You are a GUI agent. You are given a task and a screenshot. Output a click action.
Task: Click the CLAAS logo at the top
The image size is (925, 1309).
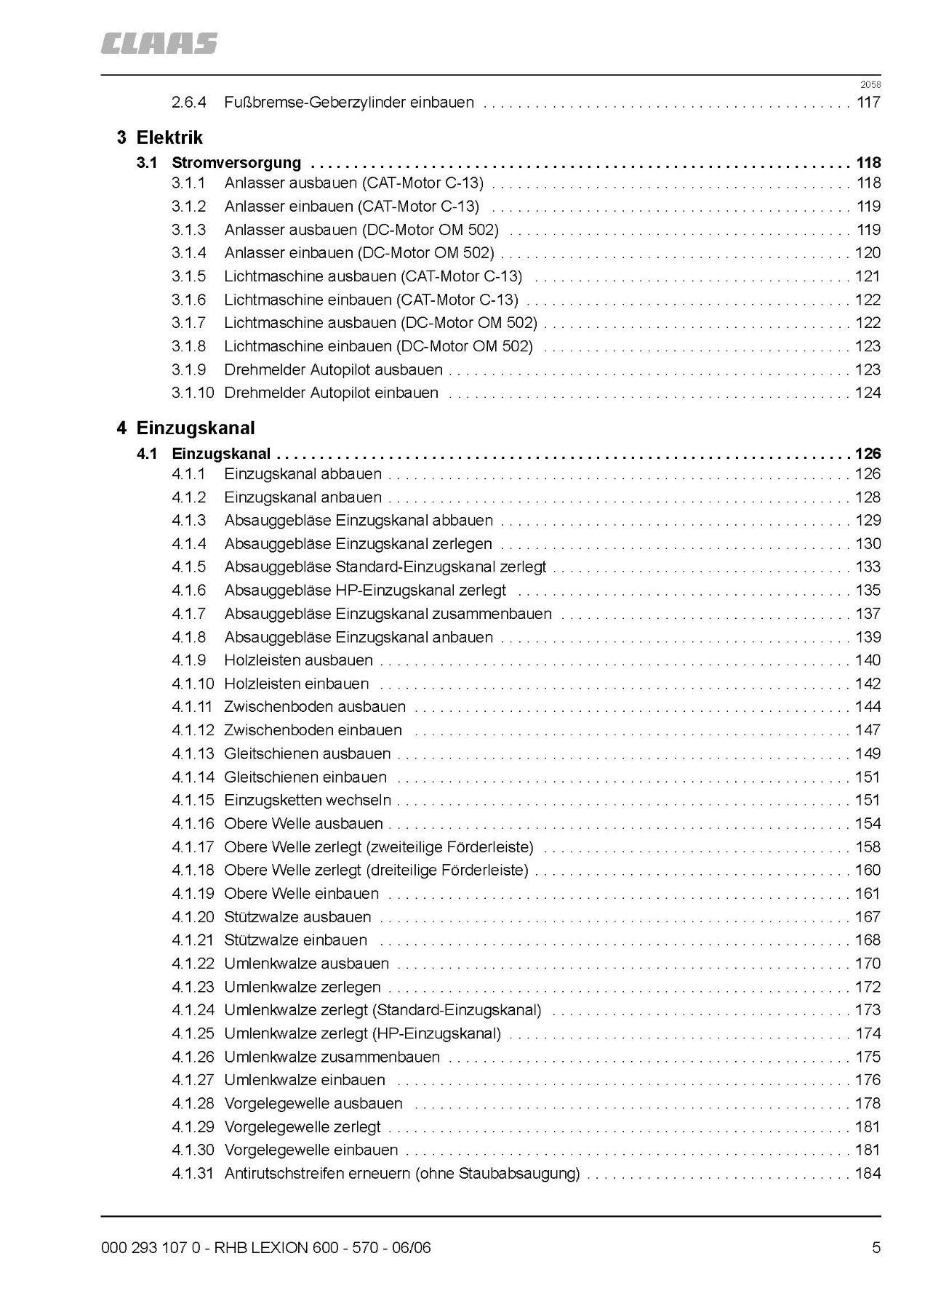point(159,44)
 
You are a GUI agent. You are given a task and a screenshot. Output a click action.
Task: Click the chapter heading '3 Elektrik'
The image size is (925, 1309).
point(159,137)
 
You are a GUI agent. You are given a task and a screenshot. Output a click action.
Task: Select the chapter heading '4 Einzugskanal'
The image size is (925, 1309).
point(185,428)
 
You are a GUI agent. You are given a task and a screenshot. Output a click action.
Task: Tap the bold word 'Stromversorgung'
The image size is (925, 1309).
point(236,163)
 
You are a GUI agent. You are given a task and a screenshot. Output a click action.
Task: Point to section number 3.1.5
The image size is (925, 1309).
point(188,276)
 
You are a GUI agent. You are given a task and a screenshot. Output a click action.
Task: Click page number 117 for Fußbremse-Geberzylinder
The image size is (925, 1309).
point(868,103)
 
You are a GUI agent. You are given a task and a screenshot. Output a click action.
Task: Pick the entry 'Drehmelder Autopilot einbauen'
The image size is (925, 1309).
point(331,393)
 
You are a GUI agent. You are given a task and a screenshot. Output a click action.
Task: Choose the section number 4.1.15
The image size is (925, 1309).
point(193,800)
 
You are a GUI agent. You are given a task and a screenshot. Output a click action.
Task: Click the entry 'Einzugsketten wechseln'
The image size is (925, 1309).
point(307,800)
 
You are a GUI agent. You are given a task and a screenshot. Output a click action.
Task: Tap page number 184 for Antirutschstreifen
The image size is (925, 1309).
point(868,1173)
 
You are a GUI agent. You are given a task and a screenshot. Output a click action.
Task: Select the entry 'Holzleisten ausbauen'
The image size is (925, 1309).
point(298,660)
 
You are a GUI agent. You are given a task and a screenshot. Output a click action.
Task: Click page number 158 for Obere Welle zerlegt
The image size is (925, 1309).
point(868,846)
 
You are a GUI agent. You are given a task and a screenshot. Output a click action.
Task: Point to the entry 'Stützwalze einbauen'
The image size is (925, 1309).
point(295,940)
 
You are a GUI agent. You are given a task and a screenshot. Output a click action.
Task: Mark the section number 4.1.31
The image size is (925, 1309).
point(193,1173)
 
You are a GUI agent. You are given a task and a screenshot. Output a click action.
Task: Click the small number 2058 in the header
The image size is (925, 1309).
point(870,85)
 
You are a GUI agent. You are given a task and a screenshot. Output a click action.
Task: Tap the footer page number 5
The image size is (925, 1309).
point(876,1248)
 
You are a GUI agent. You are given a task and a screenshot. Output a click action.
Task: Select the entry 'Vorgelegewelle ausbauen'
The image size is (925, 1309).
point(313,1103)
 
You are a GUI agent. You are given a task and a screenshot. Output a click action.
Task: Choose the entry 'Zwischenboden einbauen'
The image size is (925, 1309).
point(313,730)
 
